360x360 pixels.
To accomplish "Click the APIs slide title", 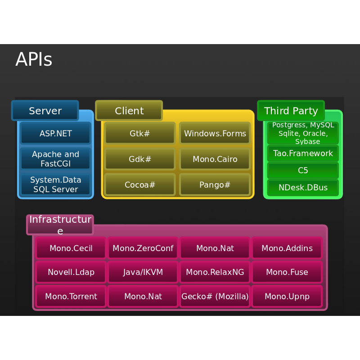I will [x=34, y=60].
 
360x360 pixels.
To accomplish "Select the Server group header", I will [x=45, y=111].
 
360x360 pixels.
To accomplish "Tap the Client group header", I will [x=129, y=111].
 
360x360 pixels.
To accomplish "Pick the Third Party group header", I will [x=291, y=111].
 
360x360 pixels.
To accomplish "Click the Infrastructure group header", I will [x=60, y=225].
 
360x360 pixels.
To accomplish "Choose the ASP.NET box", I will [x=56, y=133].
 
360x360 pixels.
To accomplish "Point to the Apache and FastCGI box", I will [x=56, y=158].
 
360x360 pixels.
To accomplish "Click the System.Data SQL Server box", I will [x=56, y=184].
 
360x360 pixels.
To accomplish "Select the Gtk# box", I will [x=140, y=133].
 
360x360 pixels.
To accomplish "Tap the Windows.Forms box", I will [x=215, y=133].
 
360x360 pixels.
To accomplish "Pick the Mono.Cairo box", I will [x=215, y=159].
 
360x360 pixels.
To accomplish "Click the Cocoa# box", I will [x=140, y=184].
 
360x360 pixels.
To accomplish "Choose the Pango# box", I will [x=215, y=184].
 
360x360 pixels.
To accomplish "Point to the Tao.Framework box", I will [x=303, y=153].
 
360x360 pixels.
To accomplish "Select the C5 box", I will [x=303, y=171].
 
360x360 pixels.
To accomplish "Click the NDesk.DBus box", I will [x=303, y=187].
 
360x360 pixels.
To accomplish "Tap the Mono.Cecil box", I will [x=71, y=248].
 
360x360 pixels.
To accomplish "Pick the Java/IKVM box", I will [x=143, y=272].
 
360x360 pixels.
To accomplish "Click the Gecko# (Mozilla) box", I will [x=215, y=296].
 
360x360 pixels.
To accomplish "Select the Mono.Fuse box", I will [x=287, y=272].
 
